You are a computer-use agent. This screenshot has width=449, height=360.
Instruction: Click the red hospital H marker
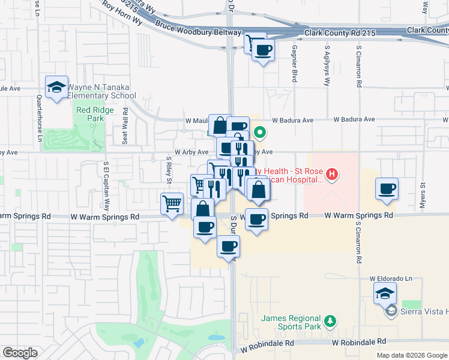click(x=331, y=175)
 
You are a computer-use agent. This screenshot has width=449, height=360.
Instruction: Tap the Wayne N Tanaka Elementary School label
click(x=101, y=91)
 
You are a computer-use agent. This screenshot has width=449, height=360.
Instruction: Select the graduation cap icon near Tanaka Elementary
click(x=56, y=88)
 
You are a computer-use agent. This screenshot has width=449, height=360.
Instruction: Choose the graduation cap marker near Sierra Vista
click(x=384, y=294)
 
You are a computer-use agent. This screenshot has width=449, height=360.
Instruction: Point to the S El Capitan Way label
click(x=106, y=179)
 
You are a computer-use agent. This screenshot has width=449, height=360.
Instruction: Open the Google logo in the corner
click(x=20, y=353)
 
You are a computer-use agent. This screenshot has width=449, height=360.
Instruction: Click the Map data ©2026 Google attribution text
click(x=412, y=355)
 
